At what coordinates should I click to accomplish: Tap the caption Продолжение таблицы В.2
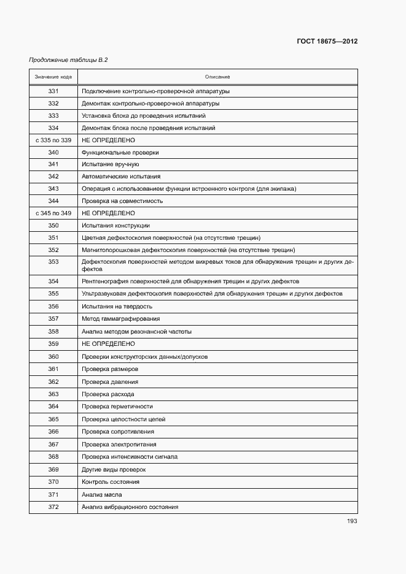click(69, 60)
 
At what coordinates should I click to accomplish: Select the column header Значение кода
click(53, 77)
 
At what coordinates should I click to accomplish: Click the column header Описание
click(217, 77)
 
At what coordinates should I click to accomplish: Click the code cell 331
click(53, 91)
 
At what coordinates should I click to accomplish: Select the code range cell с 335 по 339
click(53, 140)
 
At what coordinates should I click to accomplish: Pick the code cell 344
click(53, 201)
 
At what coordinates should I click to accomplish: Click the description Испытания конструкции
click(115, 226)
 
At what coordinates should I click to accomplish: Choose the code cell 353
click(53, 262)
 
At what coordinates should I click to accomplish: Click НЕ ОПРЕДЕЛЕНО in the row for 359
click(108, 344)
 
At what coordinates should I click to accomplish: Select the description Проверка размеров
click(110, 369)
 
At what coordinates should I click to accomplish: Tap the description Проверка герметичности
click(117, 407)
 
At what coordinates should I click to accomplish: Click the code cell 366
click(53, 432)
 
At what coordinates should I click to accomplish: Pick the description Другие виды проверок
click(114, 470)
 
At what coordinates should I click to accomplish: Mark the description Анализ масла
click(102, 494)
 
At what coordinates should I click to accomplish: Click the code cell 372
click(53, 507)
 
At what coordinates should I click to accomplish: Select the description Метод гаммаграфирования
click(121, 319)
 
